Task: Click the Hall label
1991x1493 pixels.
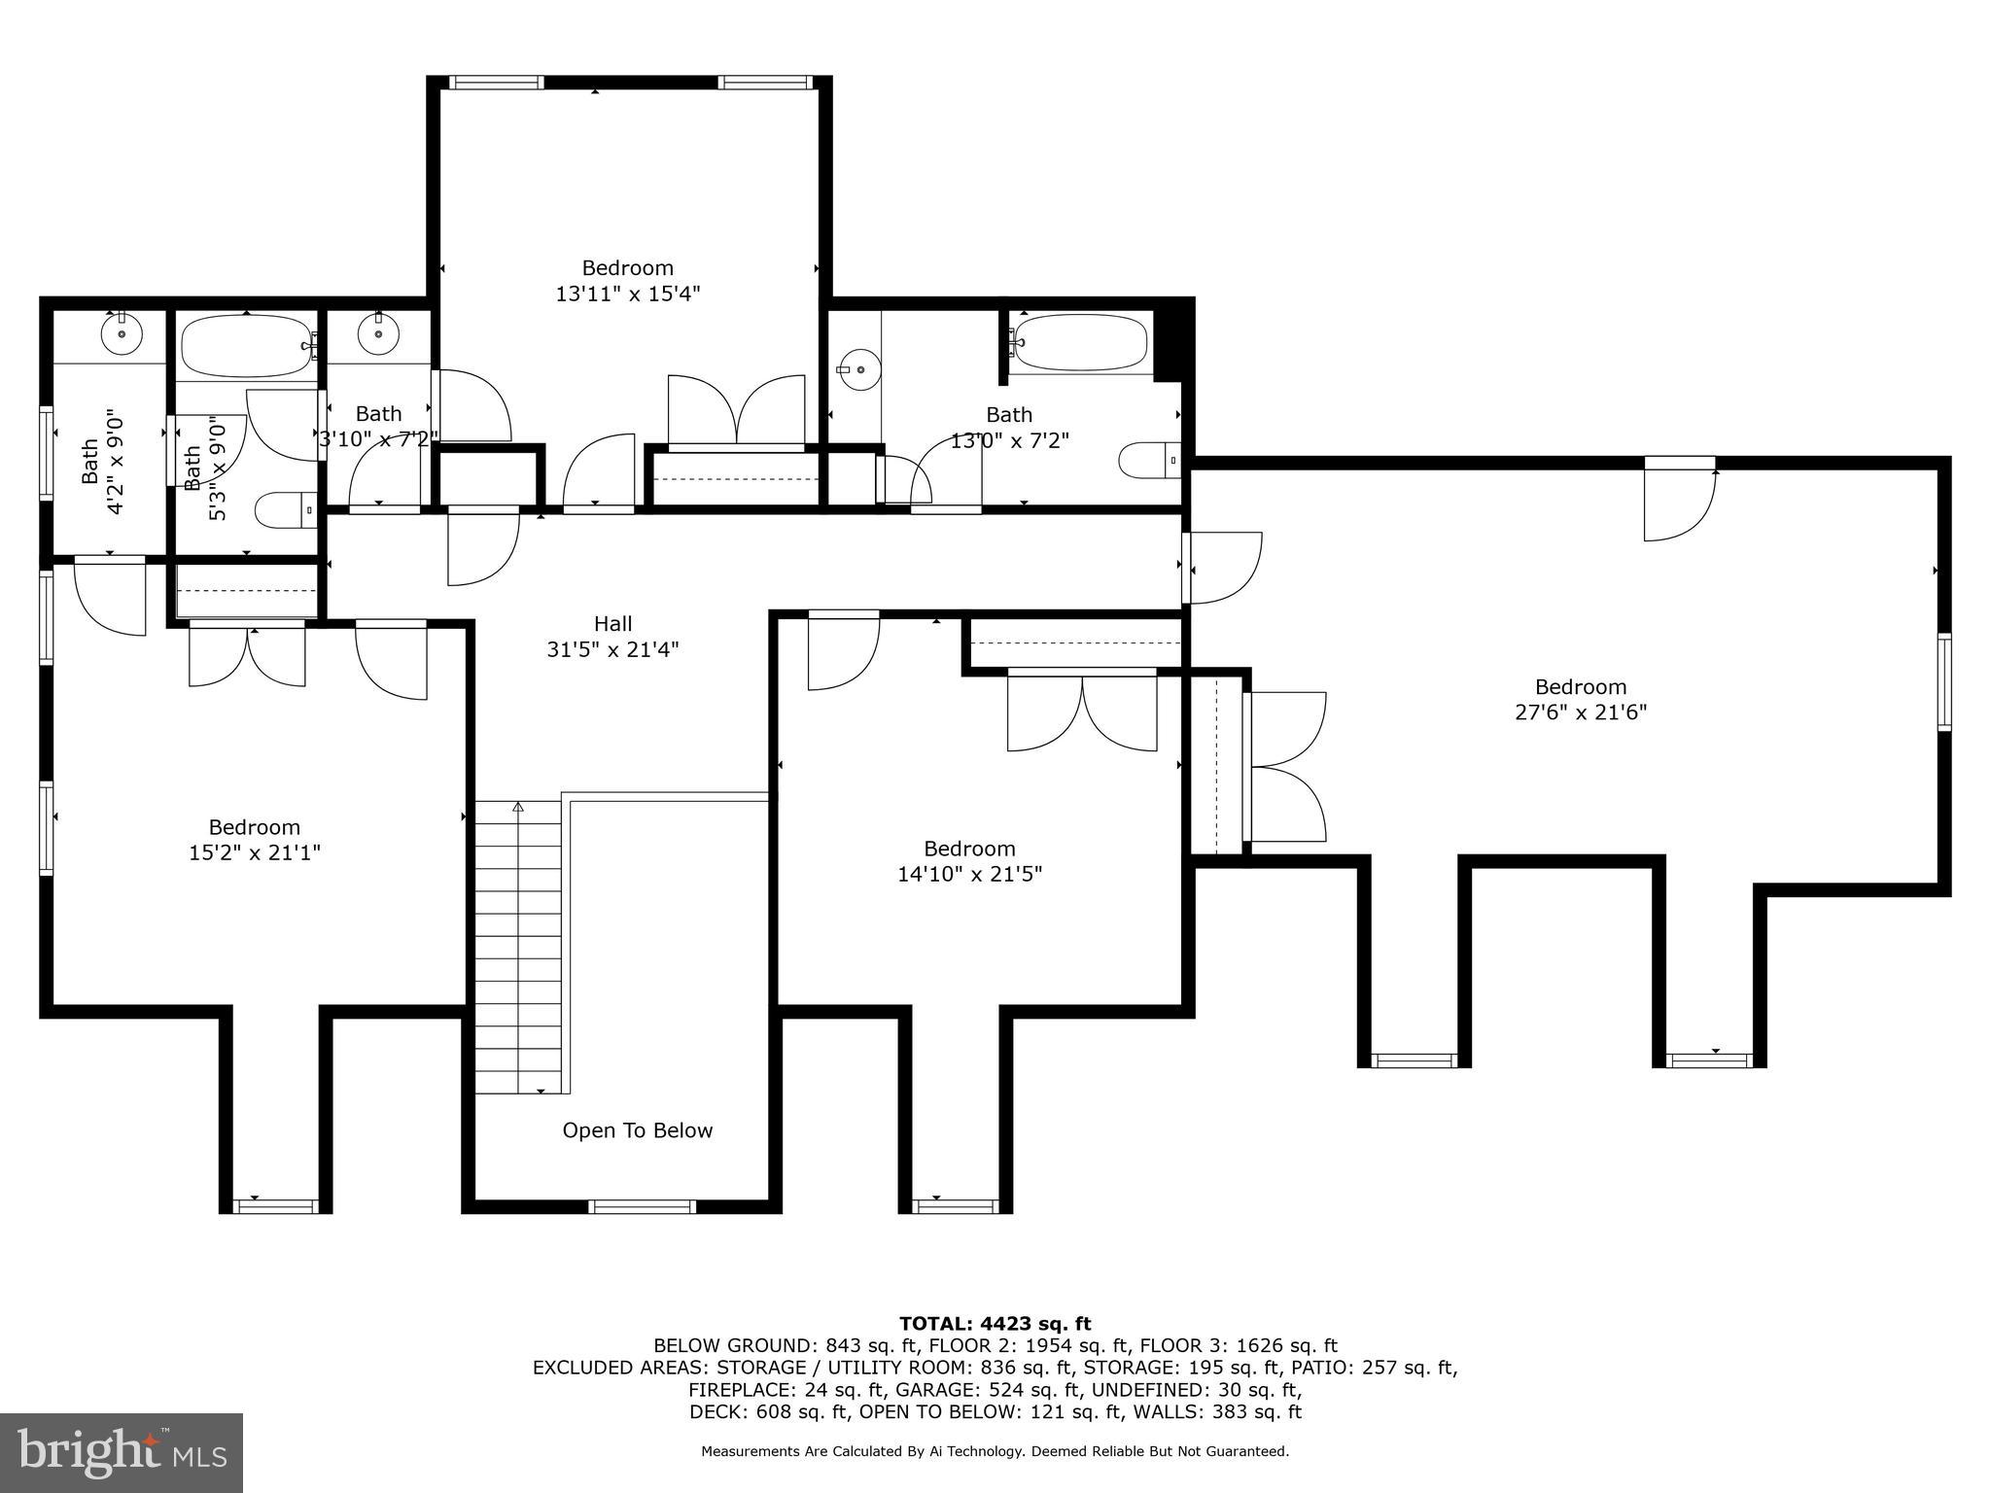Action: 612,624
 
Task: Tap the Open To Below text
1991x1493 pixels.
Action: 637,1130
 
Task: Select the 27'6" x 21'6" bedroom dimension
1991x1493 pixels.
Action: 1580,712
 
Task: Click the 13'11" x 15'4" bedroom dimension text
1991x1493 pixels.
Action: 627,293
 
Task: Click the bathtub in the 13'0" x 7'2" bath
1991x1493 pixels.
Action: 1079,342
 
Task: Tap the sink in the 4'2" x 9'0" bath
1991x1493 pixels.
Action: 122,335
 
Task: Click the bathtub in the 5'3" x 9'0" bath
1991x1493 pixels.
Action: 246,346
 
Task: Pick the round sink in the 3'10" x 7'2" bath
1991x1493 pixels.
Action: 377,335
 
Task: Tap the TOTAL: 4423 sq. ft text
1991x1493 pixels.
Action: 995,1323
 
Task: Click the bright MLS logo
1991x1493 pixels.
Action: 122,1452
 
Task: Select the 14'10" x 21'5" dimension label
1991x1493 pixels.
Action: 968,874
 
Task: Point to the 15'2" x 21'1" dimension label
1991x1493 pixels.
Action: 254,852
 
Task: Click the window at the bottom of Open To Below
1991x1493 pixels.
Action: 642,1206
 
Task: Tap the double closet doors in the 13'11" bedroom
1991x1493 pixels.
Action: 736,411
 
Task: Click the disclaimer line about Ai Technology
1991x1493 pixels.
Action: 995,1451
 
